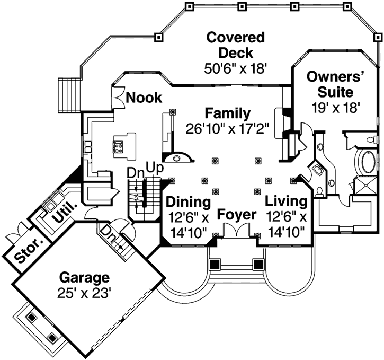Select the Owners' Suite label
tap(336, 83)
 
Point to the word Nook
tap(144, 98)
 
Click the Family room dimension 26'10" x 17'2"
tap(228, 128)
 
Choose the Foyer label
tap(237, 215)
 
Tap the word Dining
tap(189, 202)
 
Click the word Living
tap(286, 201)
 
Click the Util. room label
tap(64, 211)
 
